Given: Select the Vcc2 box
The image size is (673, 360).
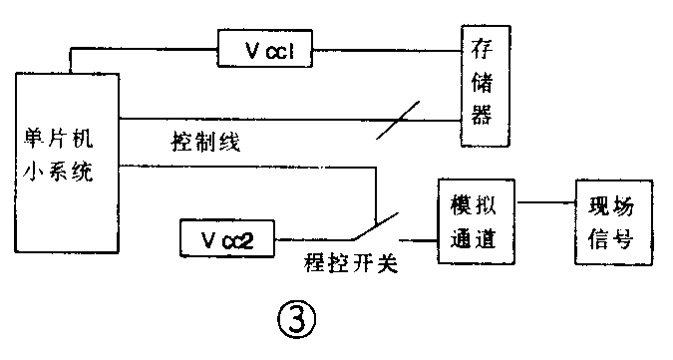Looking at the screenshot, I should pos(225,239).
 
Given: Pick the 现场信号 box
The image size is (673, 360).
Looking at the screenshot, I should pos(608,223).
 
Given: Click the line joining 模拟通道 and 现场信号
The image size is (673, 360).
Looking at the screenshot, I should pos(543,203).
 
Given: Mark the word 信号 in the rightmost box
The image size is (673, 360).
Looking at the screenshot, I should pos(608,242).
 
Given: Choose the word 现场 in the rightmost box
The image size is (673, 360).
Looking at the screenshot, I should pos(608,205).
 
